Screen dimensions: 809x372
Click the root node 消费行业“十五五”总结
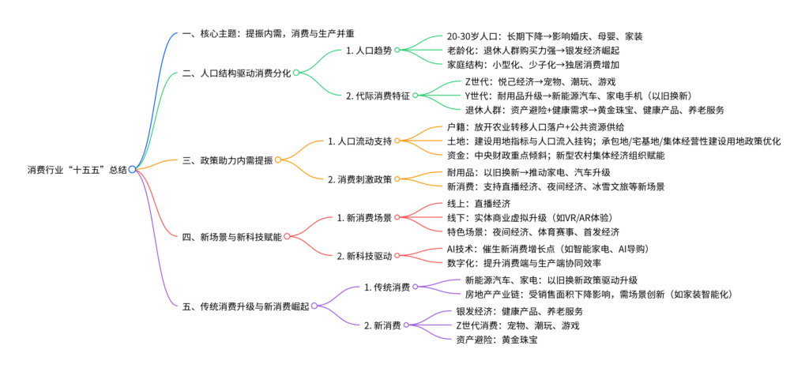[77, 169]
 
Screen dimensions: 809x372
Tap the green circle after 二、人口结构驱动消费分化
[296, 73]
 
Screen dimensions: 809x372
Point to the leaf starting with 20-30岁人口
[545, 36]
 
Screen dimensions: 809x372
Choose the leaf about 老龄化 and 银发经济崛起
[533, 51]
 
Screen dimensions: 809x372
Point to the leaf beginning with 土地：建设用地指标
[614, 141]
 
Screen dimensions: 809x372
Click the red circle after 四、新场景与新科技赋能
[287, 236]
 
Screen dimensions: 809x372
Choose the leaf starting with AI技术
[548, 249]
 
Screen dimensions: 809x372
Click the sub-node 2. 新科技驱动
[364, 255]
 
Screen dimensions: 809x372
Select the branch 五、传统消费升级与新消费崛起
[246, 306]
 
